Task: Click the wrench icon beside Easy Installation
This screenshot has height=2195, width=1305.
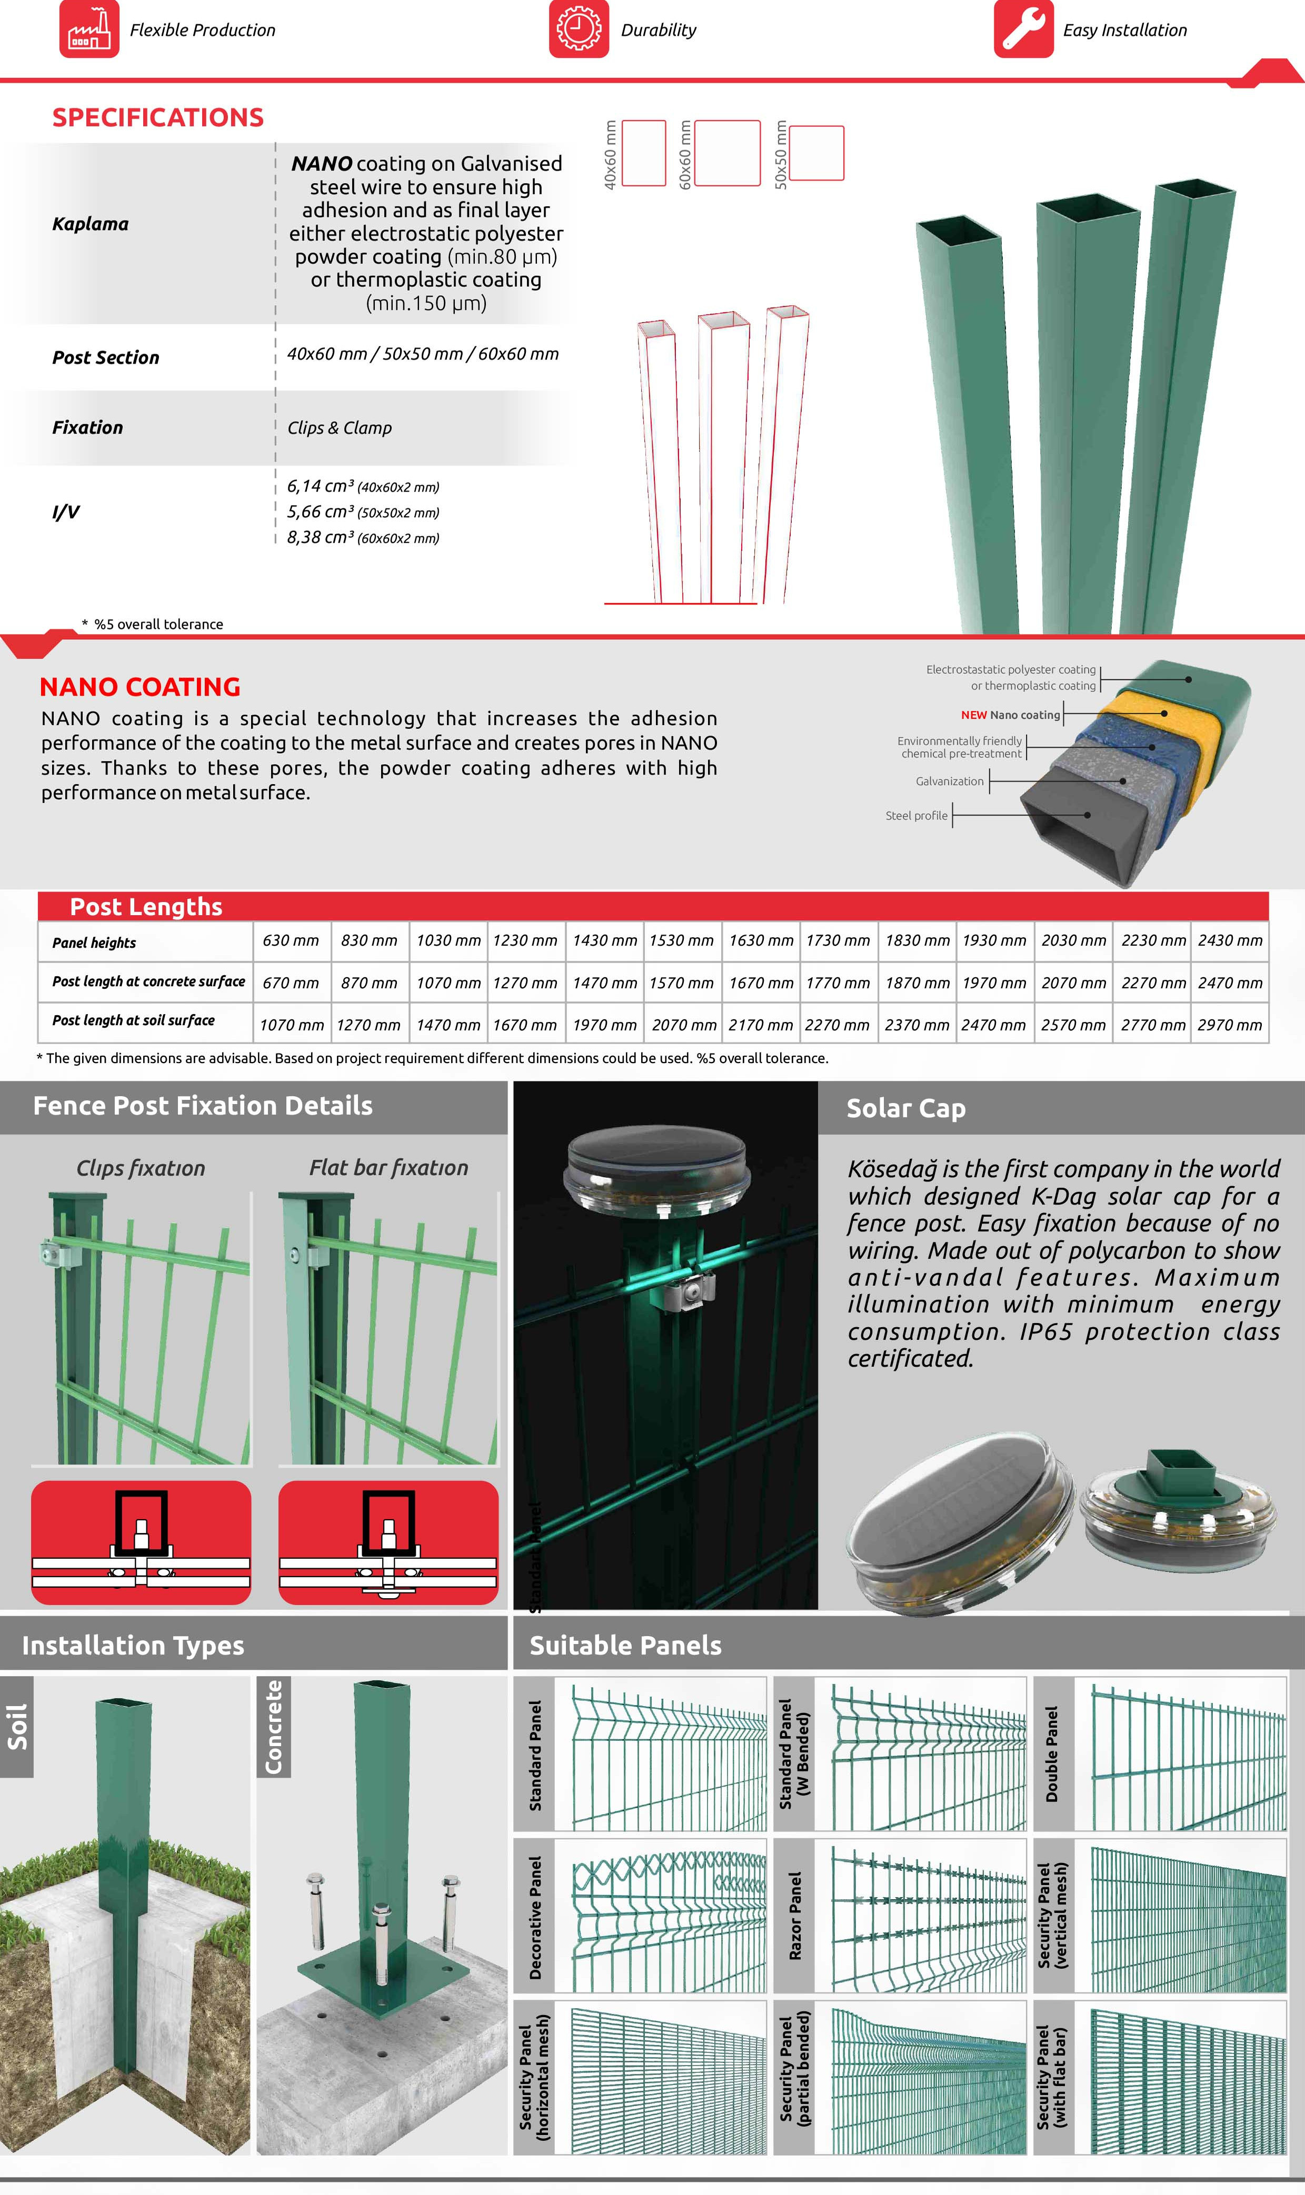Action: click(x=1023, y=29)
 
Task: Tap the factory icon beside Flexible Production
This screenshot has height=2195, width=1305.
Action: click(x=89, y=29)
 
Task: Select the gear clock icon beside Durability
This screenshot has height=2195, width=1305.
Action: click(x=579, y=29)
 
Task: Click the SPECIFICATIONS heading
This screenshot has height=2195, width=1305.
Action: click(x=158, y=118)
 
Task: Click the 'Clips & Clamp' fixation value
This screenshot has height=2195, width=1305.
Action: click(x=340, y=428)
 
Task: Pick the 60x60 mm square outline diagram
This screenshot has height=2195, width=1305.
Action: click(x=727, y=153)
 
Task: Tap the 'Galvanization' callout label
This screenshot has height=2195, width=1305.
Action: click(x=950, y=781)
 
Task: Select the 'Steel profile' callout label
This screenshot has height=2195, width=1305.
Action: click(x=917, y=816)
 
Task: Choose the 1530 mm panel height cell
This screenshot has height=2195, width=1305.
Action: click(x=682, y=940)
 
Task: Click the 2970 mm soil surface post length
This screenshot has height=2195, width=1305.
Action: click(x=1229, y=1025)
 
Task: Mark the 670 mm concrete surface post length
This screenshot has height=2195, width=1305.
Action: click(x=291, y=983)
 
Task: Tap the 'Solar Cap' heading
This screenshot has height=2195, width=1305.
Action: click(x=906, y=1108)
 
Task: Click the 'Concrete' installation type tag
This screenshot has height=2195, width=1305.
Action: click(x=274, y=1727)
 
